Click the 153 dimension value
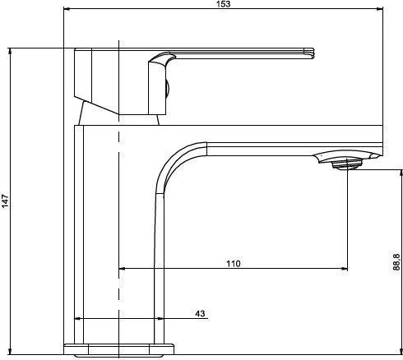point(224,4)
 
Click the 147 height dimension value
point(5,201)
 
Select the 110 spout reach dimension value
point(234,264)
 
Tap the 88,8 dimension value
point(396,262)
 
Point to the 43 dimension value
point(200,313)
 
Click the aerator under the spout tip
point(346,165)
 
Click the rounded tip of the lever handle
point(312,53)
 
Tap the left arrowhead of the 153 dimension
point(67,9)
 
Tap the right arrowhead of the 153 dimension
point(379,9)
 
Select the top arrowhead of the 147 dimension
point(10,52)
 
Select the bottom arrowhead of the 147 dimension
point(10,351)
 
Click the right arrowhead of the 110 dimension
point(344,269)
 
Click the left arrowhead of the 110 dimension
point(123,269)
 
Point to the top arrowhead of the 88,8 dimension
point(401,173)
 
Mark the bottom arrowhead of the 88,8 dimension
point(401,351)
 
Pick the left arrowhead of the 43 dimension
point(78,318)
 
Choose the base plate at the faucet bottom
point(118,349)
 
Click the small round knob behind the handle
point(168,90)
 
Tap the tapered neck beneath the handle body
point(118,113)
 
